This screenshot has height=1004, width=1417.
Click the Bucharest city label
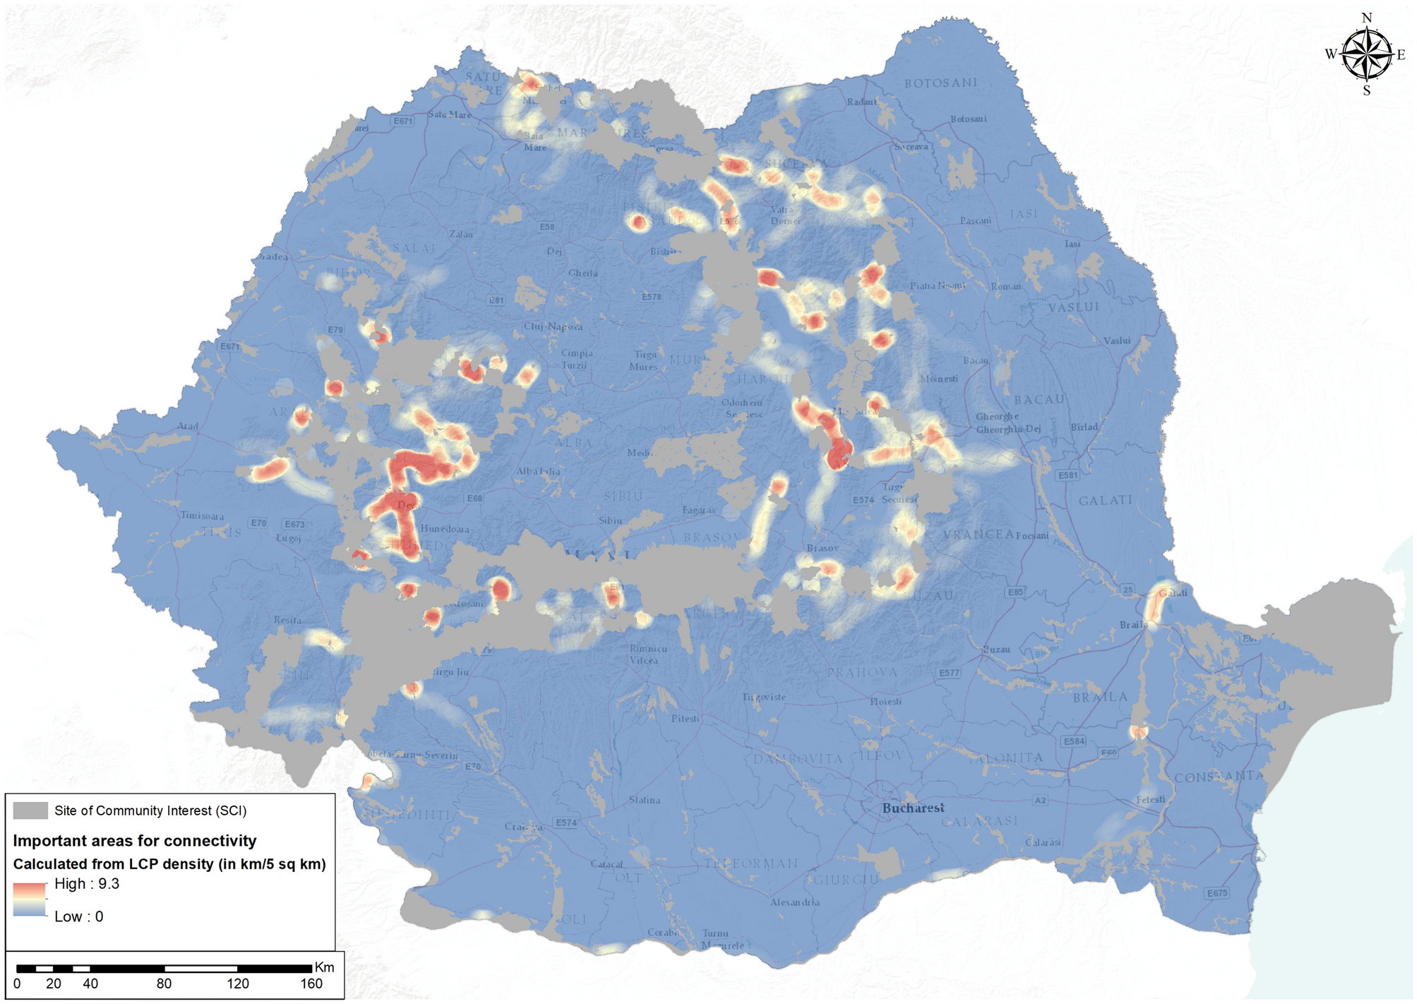(913, 808)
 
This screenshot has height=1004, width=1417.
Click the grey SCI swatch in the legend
(30, 811)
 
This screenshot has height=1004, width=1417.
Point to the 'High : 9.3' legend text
(87, 884)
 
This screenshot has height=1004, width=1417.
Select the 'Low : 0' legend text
(78, 916)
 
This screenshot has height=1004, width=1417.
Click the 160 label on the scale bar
(311, 984)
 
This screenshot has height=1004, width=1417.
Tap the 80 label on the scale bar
(164, 984)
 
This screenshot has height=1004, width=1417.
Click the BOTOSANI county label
(940, 83)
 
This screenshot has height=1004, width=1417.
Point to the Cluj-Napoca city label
(553, 327)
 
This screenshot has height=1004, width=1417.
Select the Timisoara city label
(202, 516)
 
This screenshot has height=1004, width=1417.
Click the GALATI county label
(1105, 501)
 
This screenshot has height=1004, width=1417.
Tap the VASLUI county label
(1073, 307)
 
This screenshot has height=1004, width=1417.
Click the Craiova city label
(523, 827)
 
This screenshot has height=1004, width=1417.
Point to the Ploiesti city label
(885, 701)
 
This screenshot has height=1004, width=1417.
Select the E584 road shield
(1074, 741)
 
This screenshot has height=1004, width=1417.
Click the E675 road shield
(1217, 893)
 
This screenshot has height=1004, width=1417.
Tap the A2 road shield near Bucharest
(1040, 800)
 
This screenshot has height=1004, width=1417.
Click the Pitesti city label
(685, 719)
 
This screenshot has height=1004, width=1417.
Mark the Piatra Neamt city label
(937, 286)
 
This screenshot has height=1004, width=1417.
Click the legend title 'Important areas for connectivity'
(135, 841)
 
